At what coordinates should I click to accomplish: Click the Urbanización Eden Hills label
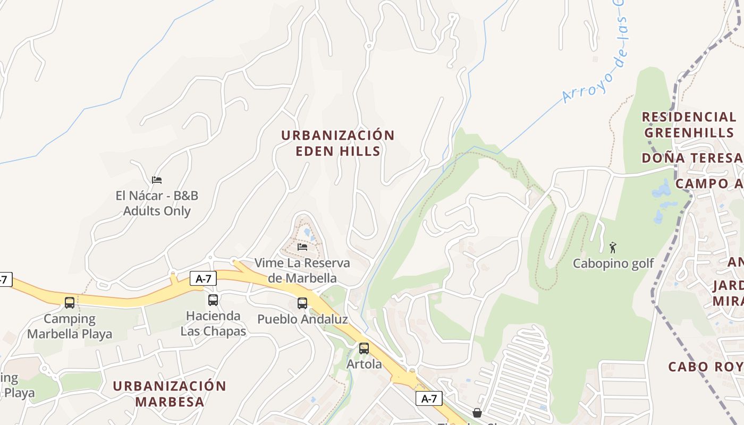click(x=337, y=143)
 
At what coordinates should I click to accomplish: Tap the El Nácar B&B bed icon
click(x=156, y=180)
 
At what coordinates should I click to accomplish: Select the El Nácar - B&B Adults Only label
click(x=157, y=203)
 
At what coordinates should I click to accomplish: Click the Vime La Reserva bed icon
click(x=302, y=247)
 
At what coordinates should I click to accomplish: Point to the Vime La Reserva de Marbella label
click(x=302, y=270)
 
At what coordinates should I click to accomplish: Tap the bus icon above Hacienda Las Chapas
click(x=213, y=300)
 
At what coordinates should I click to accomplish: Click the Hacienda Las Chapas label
click(x=213, y=324)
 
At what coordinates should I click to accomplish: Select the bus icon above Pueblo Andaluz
click(x=302, y=303)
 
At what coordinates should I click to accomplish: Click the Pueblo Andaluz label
click(x=302, y=319)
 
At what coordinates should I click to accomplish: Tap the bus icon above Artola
click(x=364, y=348)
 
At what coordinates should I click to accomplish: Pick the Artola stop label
click(x=364, y=364)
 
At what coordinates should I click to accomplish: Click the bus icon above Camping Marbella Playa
click(x=70, y=303)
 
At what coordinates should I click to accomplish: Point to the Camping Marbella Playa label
click(x=70, y=326)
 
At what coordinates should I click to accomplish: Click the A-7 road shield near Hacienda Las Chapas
click(x=203, y=278)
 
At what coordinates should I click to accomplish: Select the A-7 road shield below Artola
click(x=429, y=398)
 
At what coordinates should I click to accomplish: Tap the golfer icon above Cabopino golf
click(x=613, y=248)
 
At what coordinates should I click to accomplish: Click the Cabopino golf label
click(x=613, y=263)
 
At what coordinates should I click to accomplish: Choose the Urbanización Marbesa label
click(x=170, y=394)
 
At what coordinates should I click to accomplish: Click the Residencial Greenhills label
click(x=689, y=124)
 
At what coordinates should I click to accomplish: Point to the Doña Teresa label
click(x=691, y=158)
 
